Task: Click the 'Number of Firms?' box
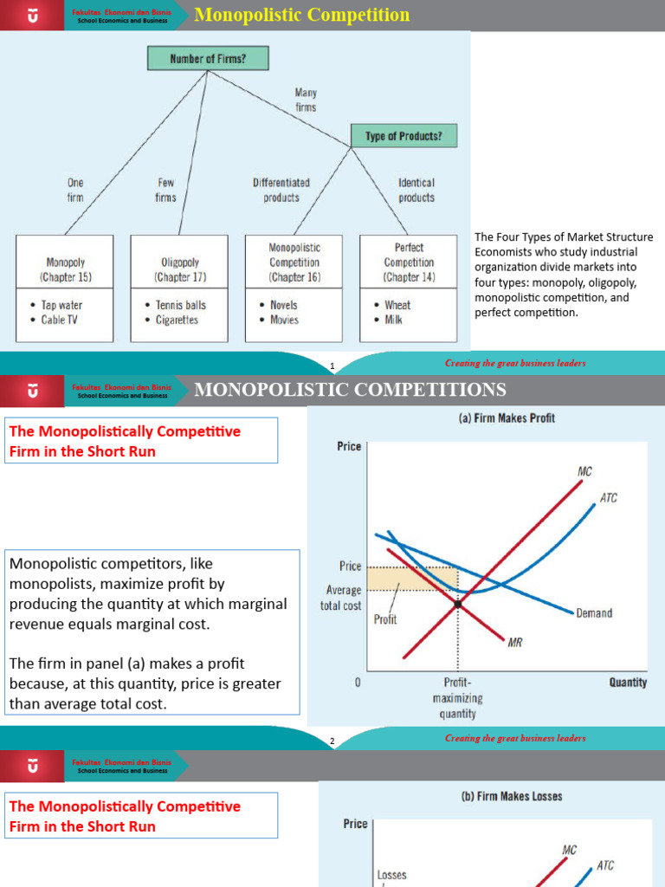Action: tap(208, 58)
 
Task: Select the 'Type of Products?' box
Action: tap(404, 135)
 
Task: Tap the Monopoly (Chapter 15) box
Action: tap(66, 262)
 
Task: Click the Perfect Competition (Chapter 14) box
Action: tap(409, 262)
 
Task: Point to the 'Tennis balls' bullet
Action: tap(181, 305)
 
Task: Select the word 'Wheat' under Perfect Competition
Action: tap(397, 305)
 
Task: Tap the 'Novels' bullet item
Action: tap(283, 305)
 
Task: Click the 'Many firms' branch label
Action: tap(306, 100)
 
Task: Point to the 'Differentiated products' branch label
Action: tap(281, 190)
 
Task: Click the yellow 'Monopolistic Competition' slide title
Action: tap(302, 16)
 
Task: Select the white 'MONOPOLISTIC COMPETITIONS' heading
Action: tap(350, 389)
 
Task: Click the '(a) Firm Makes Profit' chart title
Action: tap(507, 418)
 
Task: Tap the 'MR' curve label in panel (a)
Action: tap(516, 642)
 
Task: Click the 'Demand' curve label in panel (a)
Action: tap(594, 613)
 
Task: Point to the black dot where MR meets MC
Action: tap(457, 603)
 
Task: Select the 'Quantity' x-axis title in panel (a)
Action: tap(628, 683)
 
